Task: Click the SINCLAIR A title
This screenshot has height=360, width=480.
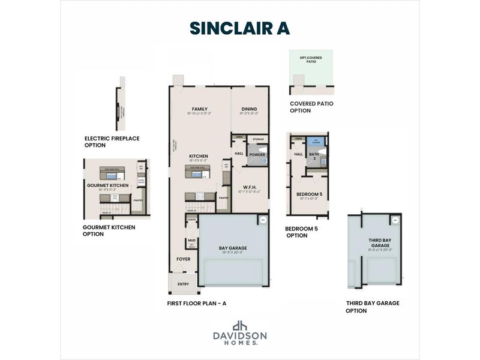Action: (239, 28)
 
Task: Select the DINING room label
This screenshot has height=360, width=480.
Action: (249, 109)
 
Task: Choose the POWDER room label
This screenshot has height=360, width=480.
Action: (257, 154)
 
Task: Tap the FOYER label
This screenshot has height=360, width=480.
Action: (183, 259)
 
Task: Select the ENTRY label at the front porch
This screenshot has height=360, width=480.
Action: (183, 284)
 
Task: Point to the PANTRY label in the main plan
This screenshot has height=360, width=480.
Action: (223, 197)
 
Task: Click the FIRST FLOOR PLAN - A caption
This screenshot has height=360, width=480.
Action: (196, 304)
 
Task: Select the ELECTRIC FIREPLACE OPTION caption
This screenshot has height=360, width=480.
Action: (112, 142)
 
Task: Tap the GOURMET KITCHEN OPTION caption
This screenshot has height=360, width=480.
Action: (109, 230)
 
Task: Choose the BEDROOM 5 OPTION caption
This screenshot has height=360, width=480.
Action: (304, 232)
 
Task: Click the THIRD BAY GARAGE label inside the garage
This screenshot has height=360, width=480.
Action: (379, 242)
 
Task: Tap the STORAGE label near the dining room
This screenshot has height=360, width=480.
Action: (258, 139)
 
